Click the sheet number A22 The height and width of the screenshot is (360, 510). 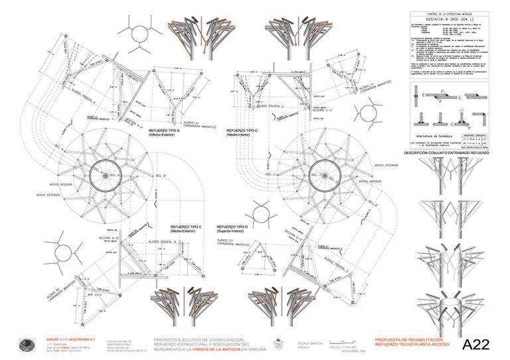click(x=475, y=344)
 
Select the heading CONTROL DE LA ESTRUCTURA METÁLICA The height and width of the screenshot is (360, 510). click(x=454, y=13)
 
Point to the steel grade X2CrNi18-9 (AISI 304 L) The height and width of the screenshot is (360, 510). click(x=454, y=20)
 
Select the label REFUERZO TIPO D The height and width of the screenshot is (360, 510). click(x=237, y=227)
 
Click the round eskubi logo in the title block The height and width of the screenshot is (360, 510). click(x=27, y=343)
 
